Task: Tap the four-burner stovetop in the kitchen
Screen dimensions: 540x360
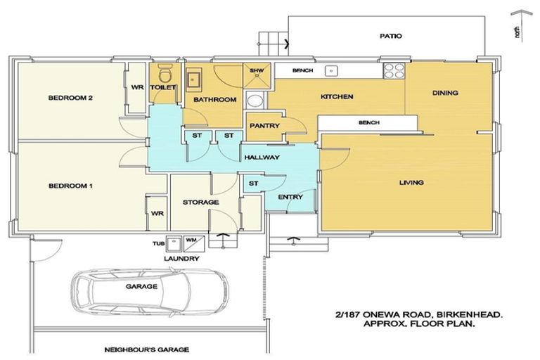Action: pos(394,70)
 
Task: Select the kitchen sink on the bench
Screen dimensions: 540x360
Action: pos(331,70)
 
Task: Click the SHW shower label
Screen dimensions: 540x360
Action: pos(257,70)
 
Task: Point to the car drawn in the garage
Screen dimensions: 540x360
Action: pos(150,292)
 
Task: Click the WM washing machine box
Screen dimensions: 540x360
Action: pos(194,242)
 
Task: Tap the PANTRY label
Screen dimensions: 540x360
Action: pos(264,126)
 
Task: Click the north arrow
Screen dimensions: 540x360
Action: pos(521,26)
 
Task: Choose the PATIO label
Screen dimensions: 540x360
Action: pos(391,36)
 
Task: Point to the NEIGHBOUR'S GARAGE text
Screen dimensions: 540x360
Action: pos(147,349)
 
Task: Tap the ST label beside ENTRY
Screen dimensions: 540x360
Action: pos(253,184)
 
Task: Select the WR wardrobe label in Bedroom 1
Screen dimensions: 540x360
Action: pos(157,214)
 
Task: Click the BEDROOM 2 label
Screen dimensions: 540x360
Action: pos(70,98)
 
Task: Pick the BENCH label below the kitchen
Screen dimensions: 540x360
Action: pos(369,122)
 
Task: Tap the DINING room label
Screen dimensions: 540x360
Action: pos(445,93)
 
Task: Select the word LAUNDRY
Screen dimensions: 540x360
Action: pos(181,258)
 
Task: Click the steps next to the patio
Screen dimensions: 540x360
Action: pos(274,44)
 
